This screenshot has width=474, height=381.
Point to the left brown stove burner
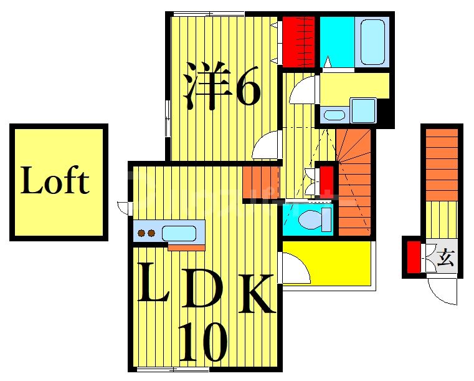pos(141,234)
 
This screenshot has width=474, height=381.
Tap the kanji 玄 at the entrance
pos(445,256)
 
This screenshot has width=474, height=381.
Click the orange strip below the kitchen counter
pos(186,248)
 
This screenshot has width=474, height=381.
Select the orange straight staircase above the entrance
pos(442,165)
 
